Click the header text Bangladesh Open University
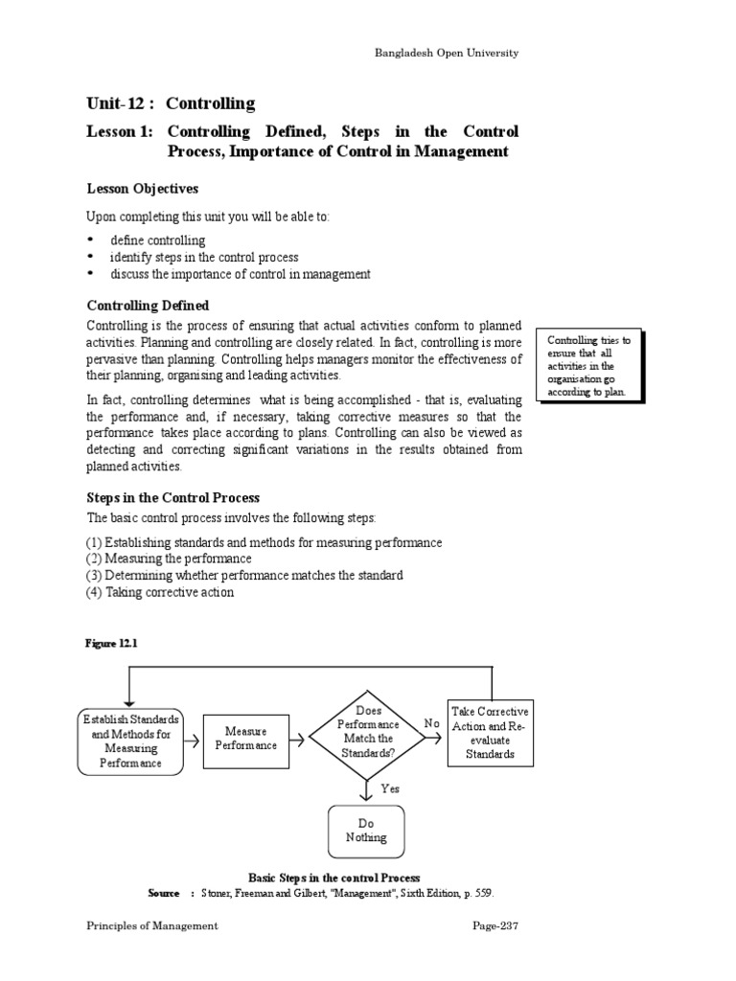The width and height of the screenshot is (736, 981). click(x=446, y=54)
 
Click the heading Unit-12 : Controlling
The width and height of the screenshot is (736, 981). click(x=171, y=103)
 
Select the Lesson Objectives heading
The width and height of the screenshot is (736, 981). click(x=143, y=189)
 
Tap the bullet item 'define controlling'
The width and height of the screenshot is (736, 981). click(x=157, y=240)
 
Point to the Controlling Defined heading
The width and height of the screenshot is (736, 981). click(x=148, y=306)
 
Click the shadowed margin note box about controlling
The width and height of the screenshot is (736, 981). click(x=589, y=366)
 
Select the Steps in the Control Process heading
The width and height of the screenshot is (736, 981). click(x=173, y=498)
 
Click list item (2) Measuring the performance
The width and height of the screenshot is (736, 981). click(x=169, y=559)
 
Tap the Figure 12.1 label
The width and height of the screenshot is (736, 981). click(x=113, y=644)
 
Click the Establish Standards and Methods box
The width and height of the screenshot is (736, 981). click(x=130, y=741)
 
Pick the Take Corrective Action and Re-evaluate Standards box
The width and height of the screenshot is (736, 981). click(x=490, y=733)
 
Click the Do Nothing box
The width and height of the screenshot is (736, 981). click(x=366, y=831)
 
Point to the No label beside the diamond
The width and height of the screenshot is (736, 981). click(x=431, y=725)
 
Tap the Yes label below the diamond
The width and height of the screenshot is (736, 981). click(x=390, y=788)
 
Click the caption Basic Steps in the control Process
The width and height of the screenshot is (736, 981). click(x=334, y=878)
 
